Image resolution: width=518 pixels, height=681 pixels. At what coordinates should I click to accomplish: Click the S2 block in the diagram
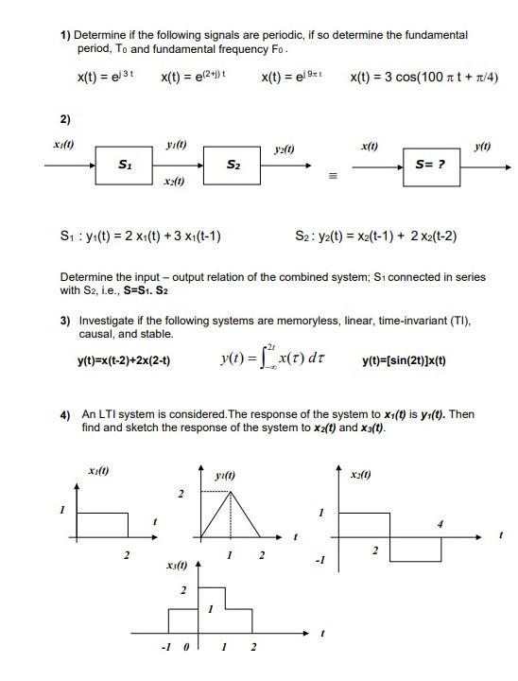click(232, 166)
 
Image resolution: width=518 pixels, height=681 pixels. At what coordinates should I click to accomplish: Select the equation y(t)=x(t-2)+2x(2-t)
click(124, 361)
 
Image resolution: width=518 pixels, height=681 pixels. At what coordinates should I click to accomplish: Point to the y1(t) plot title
click(225, 475)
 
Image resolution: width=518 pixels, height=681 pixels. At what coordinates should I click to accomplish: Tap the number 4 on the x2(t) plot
click(439, 523)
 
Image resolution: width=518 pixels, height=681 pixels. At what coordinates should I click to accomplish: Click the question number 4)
click(63, 414)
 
